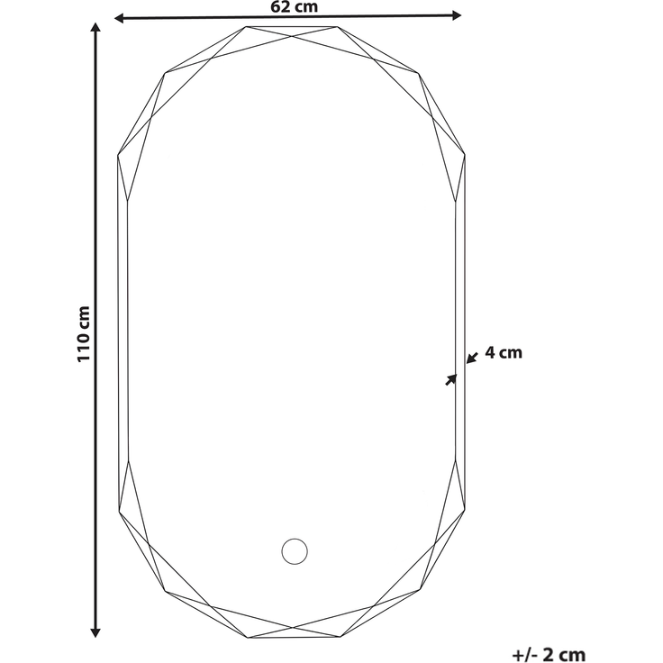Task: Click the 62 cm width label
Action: click(x=294, y=7)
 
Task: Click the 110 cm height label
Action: click(x=84, y=334)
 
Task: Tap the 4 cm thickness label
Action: click(x=504, y=352)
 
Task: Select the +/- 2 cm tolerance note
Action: click(x=549, y=655)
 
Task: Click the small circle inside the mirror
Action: click(x=295, y=551)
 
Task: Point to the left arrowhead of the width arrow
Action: click(x=119, y=18)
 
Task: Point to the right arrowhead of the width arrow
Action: click(x=457, y=15)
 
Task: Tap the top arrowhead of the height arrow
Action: click(x=96, y=28)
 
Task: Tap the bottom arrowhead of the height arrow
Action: click(x=95, y=632)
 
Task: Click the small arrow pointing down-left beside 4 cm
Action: click(x=471, y=358)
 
